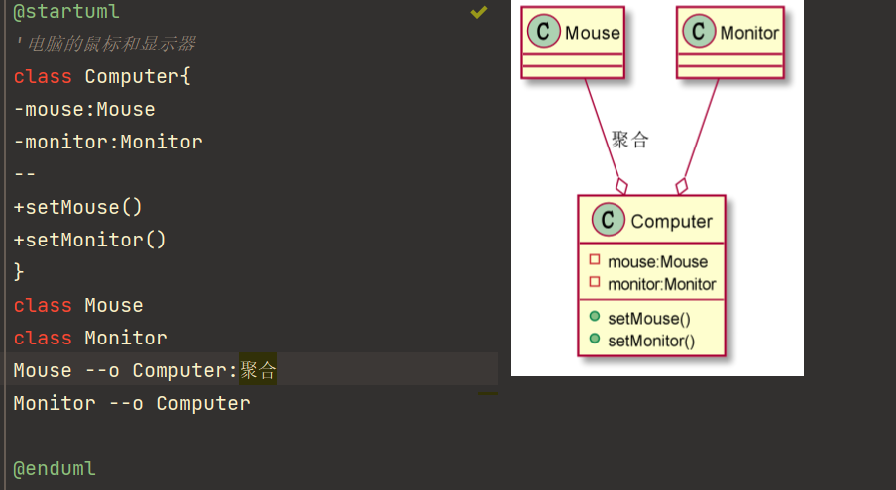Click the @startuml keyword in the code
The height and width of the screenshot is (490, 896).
(x=66, y=12)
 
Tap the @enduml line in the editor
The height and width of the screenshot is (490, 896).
(x=55, y=469)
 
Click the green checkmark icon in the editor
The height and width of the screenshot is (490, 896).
(x=479, y=12)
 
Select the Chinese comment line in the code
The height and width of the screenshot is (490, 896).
(x=105, y=44)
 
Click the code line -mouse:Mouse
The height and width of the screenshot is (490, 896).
(x=84, y=110)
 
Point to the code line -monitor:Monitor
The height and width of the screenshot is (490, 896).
(x=108, y=142)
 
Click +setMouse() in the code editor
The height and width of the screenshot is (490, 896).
(x=77, y=207)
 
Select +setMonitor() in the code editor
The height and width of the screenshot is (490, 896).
(x=90, y=240)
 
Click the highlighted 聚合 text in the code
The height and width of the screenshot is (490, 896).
(x=258, y=371)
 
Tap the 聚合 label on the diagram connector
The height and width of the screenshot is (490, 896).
(x=629, y=140)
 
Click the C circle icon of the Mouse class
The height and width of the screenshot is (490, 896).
(x=543, y=31)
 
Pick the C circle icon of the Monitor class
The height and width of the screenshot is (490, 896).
(x=699, y=31)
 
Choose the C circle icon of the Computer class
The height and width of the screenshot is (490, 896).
(x=608, y=220)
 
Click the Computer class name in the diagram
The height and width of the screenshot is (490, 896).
(x=671, y=222)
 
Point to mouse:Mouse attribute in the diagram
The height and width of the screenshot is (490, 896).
(x=657, y=261)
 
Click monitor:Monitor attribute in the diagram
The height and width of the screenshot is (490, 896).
(x=662, y=284)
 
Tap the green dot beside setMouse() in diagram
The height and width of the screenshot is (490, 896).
(x=595, y=316)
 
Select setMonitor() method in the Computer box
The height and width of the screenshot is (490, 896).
(x=651, y=341)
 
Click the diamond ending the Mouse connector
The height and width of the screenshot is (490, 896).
(x=621, y=186)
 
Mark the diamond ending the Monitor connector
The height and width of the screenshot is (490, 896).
(x=681, y=186)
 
